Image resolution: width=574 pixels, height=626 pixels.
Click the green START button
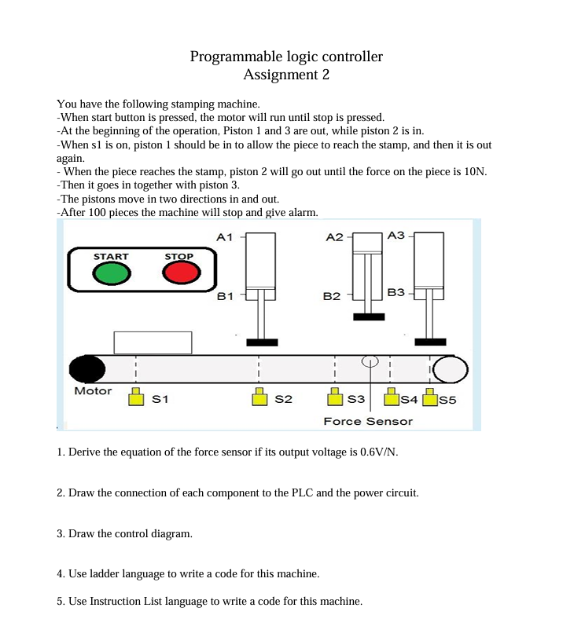pyautogui.click(x=111, y=273)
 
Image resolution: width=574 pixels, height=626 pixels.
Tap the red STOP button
pyautogui.click(x=179, y=273)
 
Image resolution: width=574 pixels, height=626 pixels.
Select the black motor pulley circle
pyautogui.click(x=86, y=369)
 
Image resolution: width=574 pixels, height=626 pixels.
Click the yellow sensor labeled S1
pyautogui.click(x=136, y=399)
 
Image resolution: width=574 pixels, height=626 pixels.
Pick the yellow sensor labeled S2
pyautogui.click(x=259, y=399)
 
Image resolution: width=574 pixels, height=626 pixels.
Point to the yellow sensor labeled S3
pyautogui.click(x=334, y=399)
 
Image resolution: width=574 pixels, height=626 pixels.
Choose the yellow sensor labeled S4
pyautogui.click(x=390, y=399)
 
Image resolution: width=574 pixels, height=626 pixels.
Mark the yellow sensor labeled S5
pyautogui.click(x=429, y=399)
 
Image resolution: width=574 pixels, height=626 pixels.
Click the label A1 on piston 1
pyautogui.click(x=225, y=236)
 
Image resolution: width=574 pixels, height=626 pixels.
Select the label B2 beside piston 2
pyautogui.click(x=332, y=297)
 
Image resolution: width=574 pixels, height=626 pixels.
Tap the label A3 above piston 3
pyautogui.click(x=396, y=235)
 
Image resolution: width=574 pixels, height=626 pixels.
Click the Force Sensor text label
pyautogui.click(x=368, y=422)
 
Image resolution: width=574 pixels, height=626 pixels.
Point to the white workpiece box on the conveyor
pyautogui.click(x=153, y=342)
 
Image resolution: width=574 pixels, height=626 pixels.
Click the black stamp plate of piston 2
pyautogui.click(x=369, y=317)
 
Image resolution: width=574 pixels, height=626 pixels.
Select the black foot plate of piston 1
pyautogui.click(x=262, y=342)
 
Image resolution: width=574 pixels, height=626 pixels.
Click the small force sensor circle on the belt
pyautogui.click(x=370, y=362)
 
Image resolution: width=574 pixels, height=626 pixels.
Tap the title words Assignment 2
pyautogui.click(x=286, y=75)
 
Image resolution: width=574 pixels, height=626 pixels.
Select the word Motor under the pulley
pyautogui.click(x=93, y=391)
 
